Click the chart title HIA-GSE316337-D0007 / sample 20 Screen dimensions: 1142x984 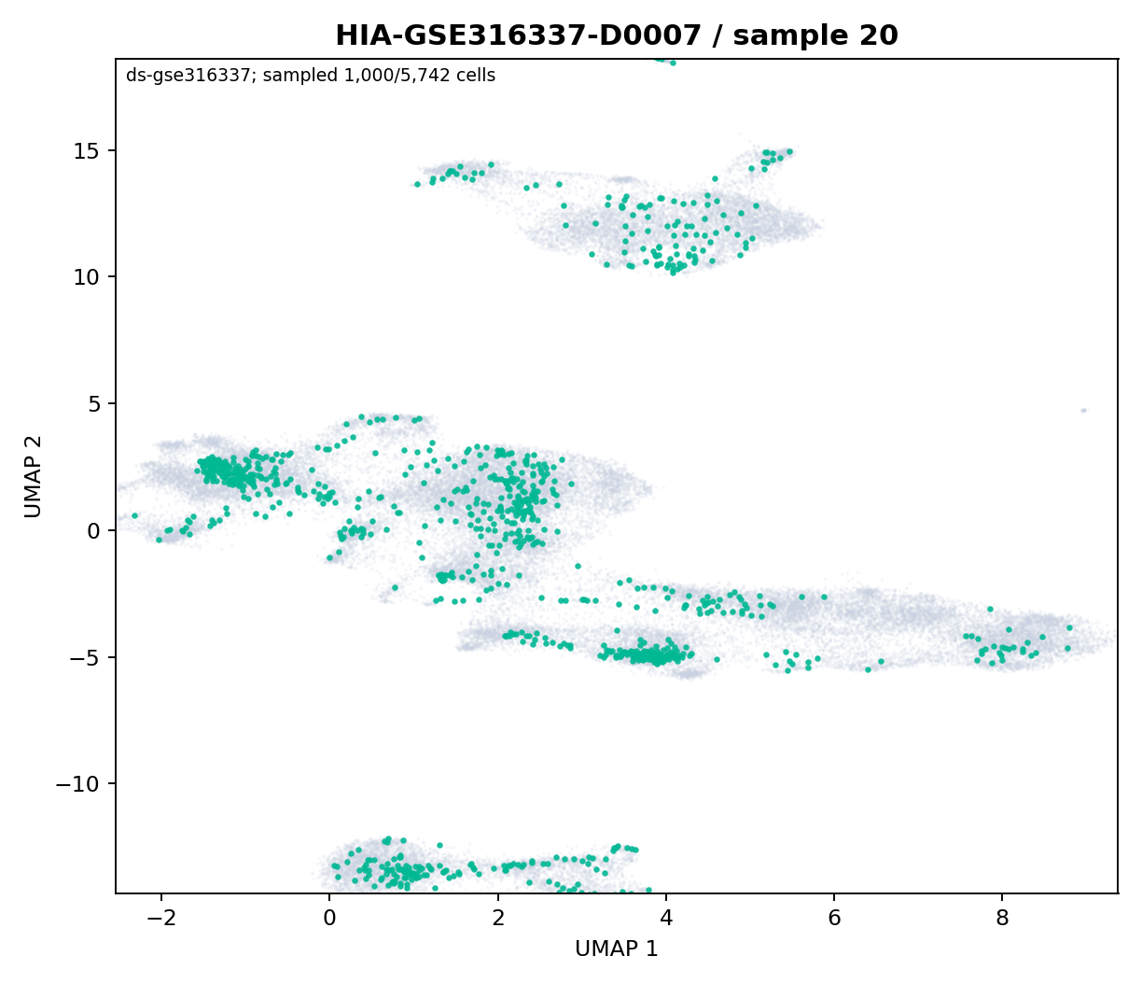coord(617,35)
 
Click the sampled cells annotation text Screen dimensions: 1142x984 coord(311,76)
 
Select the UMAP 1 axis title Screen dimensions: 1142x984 coord(617,949)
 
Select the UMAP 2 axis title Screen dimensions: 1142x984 coord(34,476)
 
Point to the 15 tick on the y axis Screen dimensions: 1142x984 coord(88,150)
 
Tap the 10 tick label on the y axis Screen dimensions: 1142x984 coord(88,277)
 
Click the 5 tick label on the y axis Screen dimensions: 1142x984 coord(95,403)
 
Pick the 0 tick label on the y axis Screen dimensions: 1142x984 coord(95,530)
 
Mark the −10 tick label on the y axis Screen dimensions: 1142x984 coord(78,784)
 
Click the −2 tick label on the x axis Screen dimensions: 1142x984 coord(161,918)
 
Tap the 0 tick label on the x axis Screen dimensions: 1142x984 coord(330,918)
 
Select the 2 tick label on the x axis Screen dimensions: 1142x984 coord(498,918)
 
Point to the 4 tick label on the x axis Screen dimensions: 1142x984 coord(666,918)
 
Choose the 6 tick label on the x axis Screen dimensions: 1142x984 coord(834,918)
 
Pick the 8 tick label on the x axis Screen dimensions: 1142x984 coord(1002,918)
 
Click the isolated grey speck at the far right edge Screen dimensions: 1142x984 coord(1084,410)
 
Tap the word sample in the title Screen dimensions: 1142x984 coord(791,36)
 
